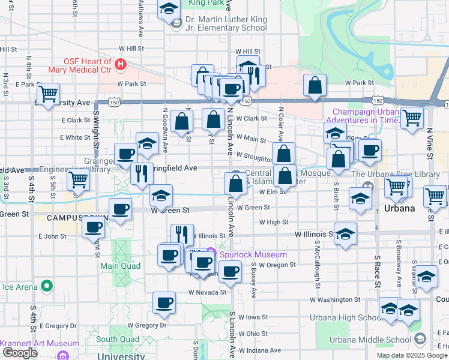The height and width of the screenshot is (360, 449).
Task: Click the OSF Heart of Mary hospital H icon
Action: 121,64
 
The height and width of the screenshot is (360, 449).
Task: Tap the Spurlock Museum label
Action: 253,254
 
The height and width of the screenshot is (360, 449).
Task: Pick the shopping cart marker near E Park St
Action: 48,94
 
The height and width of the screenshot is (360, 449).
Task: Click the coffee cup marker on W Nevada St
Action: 163,303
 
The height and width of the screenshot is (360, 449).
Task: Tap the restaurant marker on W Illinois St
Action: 182,235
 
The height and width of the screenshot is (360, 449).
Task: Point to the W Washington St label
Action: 335,299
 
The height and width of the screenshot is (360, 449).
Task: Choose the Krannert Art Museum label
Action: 40,344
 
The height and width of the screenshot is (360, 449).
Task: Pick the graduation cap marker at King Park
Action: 169,10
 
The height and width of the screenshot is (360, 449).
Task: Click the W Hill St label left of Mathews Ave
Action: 131,48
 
